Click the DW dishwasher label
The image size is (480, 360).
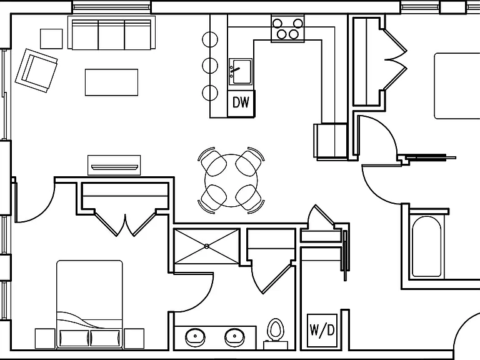(241, 102)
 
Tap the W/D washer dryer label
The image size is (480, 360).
(322, 330)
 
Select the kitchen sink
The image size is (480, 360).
(241, 72)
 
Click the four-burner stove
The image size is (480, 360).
(287, 29)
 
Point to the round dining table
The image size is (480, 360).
(231, 180)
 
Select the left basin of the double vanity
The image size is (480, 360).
(195, 337)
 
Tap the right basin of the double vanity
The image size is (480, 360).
(234, 337)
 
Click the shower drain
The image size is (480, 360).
(207, 246)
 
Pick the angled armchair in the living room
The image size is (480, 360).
(36, 71)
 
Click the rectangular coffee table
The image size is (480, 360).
(111, 82)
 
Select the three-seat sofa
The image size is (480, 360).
(111, 32)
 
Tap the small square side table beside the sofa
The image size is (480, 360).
(51, 39)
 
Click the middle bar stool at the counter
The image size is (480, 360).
(210, 66)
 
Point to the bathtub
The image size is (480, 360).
(426, 246)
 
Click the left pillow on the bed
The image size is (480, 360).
(74, 338)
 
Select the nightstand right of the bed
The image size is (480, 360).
(134, 338)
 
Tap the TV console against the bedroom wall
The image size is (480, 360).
(114, 165)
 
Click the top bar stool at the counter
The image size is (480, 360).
(210, 39)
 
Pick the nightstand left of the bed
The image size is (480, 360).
(45, 338)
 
